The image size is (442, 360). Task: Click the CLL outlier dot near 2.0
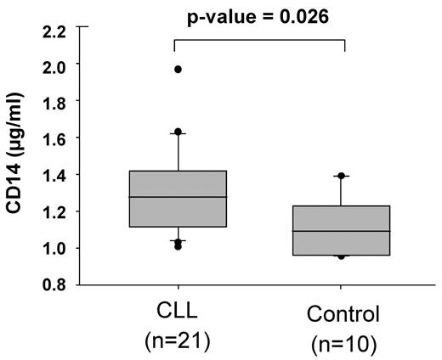178,69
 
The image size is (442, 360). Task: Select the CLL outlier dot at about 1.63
178,132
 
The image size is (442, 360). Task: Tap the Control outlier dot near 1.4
341,176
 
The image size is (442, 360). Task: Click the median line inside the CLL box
178,197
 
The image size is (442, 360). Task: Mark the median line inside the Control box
341,231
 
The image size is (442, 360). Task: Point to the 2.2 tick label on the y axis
53,32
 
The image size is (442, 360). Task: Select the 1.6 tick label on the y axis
53,138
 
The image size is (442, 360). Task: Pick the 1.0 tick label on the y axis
53,248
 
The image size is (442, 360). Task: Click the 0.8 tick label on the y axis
53,285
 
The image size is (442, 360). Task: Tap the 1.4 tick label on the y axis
53,174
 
